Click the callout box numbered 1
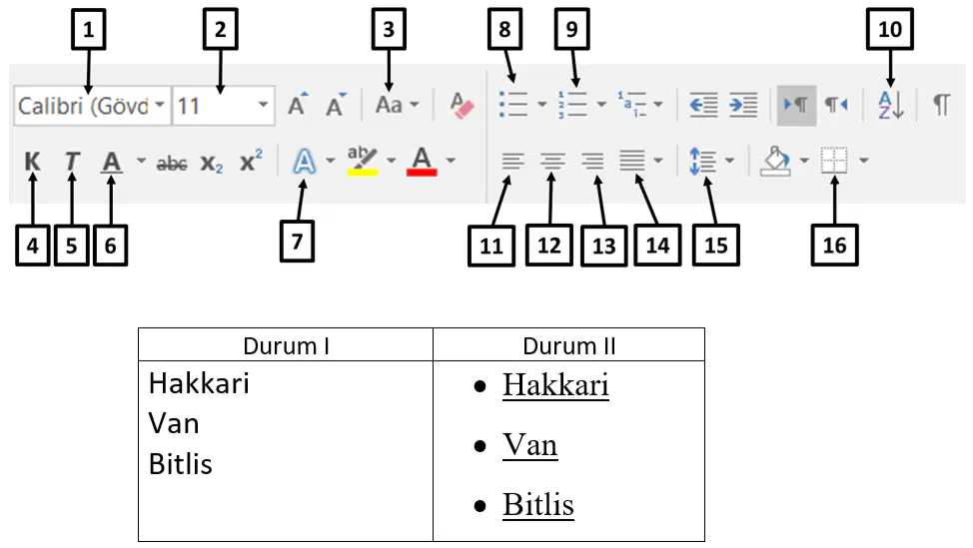(x=88, y=29)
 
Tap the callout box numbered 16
(x=834, y=246)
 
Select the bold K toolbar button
(x=32, y=162)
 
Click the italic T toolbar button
(x=72, y=162)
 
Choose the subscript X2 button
(x=212, y=163)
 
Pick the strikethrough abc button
(x=172, y=163)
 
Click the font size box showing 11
(x=224, y=106)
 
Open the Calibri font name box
(x=92, y=106)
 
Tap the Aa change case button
(x=390, y=105)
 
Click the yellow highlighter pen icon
(x=363, y=161)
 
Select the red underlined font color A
(x=422, y=161)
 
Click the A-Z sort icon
(x=891, y=105)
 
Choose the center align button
(x=551, y=161)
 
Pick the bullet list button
(x=513, y=105)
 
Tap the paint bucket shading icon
(x=776, y=161)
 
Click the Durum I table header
(x=286, y=346)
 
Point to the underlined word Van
(x=529, y=445)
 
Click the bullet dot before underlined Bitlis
(x=480, y=506)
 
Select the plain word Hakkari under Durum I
(x=199, y=383)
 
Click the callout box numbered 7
(x=297, y=242)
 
